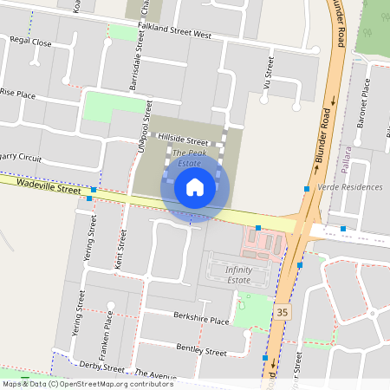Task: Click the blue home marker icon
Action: click(195, 187)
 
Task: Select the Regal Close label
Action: click(30, 42)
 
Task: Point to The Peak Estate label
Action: click(189, 158)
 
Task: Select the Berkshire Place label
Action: click(200, 321)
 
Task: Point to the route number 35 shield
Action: click(282, 311)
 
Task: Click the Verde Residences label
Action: click(350, 187)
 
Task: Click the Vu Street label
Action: click(269, 73)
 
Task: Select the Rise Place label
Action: click(17, 93)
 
